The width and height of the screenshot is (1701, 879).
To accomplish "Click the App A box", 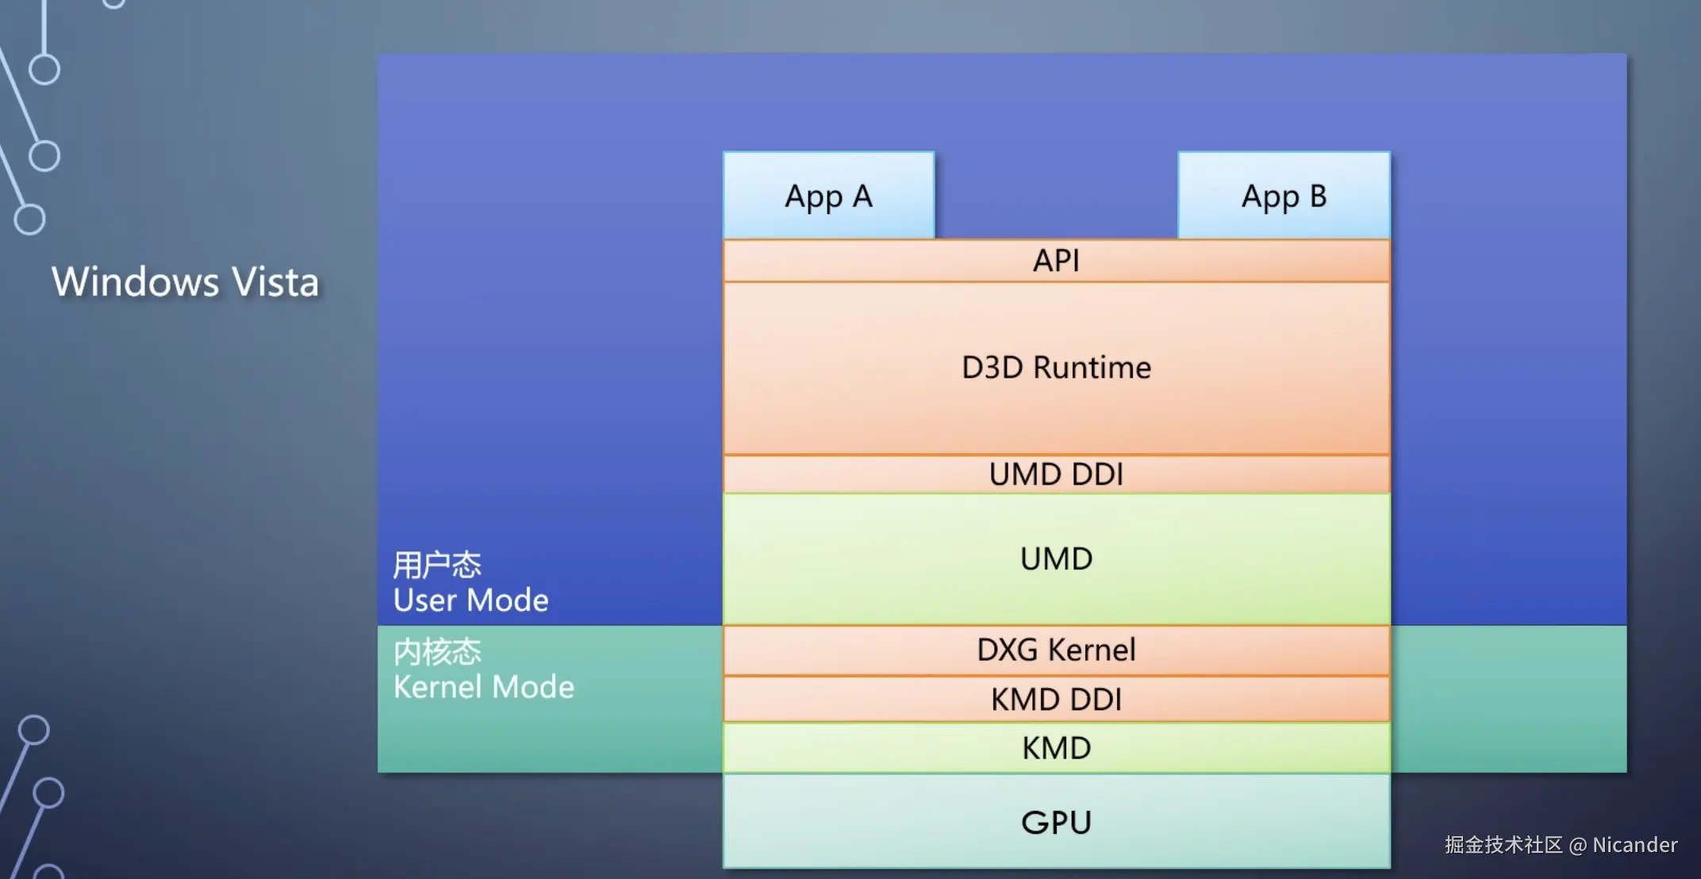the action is [829, 195].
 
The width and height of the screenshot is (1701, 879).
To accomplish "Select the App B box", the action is [1284, 195].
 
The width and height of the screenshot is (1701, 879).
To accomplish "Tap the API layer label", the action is [1056, 260].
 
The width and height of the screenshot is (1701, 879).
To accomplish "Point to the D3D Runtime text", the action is [1056, 367].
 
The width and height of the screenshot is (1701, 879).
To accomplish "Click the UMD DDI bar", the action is [1056, 474].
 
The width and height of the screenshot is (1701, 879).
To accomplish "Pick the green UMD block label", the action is [1056, 558].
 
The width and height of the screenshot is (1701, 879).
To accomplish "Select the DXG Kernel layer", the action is [1056, 650].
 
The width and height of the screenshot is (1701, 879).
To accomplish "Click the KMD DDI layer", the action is [1056, 699].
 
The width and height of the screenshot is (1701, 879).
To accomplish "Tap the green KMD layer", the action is [1056, 747].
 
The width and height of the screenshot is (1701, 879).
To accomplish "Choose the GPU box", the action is [1056, 821].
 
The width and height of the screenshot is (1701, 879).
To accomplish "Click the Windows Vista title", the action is [186, 282].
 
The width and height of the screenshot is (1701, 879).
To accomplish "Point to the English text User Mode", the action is [470, 600].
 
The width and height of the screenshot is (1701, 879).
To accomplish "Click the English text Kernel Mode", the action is [483, 686].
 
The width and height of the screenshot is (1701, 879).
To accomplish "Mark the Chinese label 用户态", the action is [437, 565].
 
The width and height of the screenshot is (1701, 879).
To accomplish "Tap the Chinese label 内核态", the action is [437, 651].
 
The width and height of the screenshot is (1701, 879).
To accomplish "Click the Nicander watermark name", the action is [1635, 845].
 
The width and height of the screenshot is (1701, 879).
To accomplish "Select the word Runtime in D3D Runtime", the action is [1092, 367].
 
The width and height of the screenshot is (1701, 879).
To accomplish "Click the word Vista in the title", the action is [276, 282].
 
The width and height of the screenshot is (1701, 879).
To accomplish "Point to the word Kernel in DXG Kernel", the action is [1092, 650].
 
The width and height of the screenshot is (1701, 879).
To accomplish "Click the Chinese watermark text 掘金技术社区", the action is [1503, 845].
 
